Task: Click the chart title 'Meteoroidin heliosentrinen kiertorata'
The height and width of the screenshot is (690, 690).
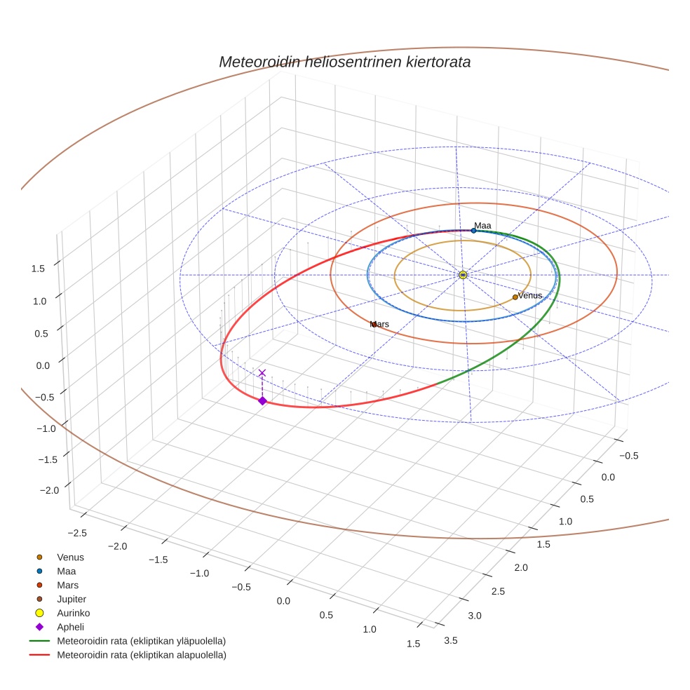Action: tap(344, 62)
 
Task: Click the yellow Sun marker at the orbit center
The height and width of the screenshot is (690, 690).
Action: tap(463, 275)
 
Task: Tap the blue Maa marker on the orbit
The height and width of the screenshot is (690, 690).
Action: tap(473, 231)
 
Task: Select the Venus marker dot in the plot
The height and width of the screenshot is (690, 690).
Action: tap(515, 297)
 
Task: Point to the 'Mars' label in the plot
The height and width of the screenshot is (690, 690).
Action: tap(379, 325)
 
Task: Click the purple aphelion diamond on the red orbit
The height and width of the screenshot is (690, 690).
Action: tap(262, 401)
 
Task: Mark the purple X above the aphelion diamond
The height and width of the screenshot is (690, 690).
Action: tap(262, 373)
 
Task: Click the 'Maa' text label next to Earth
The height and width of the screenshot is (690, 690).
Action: tap(482, 226)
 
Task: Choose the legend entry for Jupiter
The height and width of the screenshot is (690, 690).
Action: tap(71, 599)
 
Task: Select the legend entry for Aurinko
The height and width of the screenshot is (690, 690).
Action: tap(73, 613)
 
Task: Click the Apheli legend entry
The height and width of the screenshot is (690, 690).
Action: tap(69, 627)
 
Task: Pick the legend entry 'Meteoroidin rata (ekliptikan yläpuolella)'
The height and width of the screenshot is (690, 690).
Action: tap(141, 641)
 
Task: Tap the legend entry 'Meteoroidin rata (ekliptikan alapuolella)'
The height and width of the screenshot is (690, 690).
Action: tap(141, 655)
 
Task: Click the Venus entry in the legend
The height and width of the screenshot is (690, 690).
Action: tap(70, 557)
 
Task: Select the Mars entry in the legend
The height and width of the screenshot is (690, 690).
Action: tap(67, 585)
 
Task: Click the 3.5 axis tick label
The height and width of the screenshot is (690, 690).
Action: tap(452, 640)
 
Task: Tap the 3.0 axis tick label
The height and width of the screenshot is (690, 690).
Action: tap(474, 616)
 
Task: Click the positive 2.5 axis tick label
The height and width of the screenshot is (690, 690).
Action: tap(498, 592)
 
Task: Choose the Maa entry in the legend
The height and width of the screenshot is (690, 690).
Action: tap(66, 571)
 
